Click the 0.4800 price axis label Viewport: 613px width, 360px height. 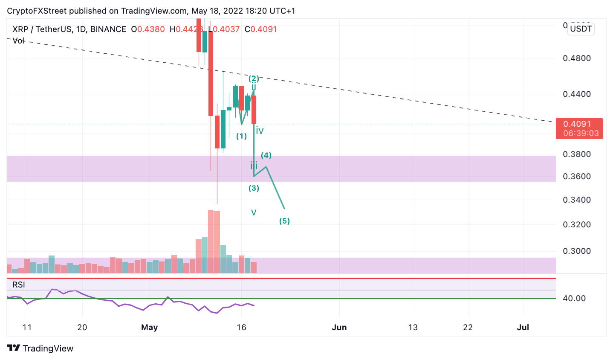click(577, 58)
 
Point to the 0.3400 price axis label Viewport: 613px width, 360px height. click(577, 200)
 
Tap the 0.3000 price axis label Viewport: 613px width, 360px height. click(577, 251)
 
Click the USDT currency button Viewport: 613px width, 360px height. click(581, 29)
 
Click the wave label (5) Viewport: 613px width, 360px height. click(284, 221)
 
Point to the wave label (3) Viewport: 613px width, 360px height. click(254, 188)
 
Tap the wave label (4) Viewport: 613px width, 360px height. click(266, 155)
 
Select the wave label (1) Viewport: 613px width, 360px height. click(242, 136)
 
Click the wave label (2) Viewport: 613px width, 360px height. click(254, 78)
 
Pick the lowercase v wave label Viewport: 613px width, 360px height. click(254, 212)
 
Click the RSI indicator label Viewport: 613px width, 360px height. click(19, 285)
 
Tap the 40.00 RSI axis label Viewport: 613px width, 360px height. click(574, 298)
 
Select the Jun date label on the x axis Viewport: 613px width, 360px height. click(339, 327)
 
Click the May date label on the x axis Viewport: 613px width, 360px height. click(149, 327)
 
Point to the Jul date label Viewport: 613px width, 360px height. click(523, 327)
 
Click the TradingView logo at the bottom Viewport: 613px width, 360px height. click(40, 348)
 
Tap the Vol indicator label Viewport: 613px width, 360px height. click(19, 41)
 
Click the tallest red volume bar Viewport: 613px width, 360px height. click(211, 241)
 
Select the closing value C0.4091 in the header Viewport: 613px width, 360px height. click(260, 29)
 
